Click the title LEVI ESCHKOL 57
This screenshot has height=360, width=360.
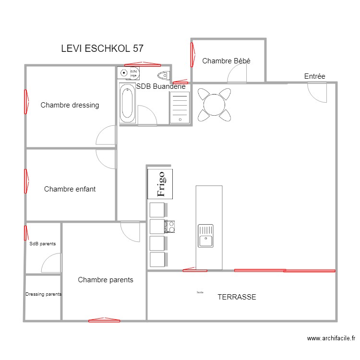102,48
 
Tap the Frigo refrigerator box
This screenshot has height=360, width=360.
160,184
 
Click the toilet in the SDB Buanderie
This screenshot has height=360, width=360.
164,74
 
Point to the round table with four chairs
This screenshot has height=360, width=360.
214,104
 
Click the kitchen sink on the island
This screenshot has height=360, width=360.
205,236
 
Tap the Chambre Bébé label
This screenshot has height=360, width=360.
226,61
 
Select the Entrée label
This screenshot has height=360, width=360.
314,76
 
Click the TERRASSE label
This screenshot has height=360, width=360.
237,297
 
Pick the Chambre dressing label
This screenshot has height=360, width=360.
70,105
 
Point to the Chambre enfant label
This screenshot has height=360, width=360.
70,189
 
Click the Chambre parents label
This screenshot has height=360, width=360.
106,280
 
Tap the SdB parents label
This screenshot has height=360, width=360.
42,244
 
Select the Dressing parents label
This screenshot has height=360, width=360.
43,294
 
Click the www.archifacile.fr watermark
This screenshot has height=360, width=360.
332,338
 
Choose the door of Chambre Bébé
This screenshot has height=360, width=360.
237,74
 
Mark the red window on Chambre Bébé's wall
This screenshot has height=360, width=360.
192,55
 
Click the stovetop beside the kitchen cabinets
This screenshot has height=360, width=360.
171,226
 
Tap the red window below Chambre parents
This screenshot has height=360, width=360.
104,320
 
